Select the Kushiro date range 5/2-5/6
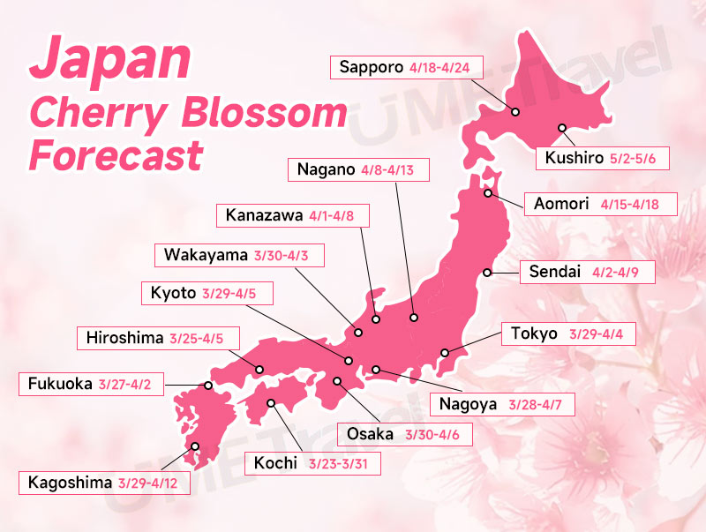coord(639,160)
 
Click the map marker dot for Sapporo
coord(515,112)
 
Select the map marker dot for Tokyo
coord(445,353)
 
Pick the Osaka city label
coord(370,434)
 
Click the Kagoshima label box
coord(103,483)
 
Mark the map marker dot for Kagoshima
coord(195,446)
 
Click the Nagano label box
coord(360,169)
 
